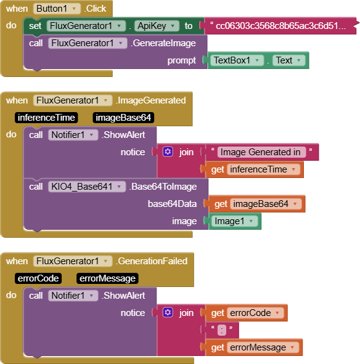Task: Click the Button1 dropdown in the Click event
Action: pyautogui.click(x=57, y=9)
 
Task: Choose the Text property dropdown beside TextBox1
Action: pyautogui.click(x=288, y=60)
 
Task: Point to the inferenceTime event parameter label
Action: pyautogui.click(x=46, y=118)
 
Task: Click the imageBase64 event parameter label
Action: pyautogui.click(x=123, y=118)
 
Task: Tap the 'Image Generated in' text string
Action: pyautogui.click(x=260, y=152)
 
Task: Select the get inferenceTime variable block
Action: pyautogui.click(x=254, y=169)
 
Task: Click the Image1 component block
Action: pyautogui.click(x=235, y=221)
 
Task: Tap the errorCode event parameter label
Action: pyautogui.click(x=38, y=278)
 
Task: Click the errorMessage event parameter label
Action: pyautogui.click(x=107, y=278)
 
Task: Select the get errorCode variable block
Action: pyautogui.click(x=247, y=313)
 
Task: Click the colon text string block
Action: pyautogui.click(x=221, y=330)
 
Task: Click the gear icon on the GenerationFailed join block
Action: pyautogui.click(x=168, y=313)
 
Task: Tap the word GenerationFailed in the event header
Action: pyautogui.click(x=152, y=261)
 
